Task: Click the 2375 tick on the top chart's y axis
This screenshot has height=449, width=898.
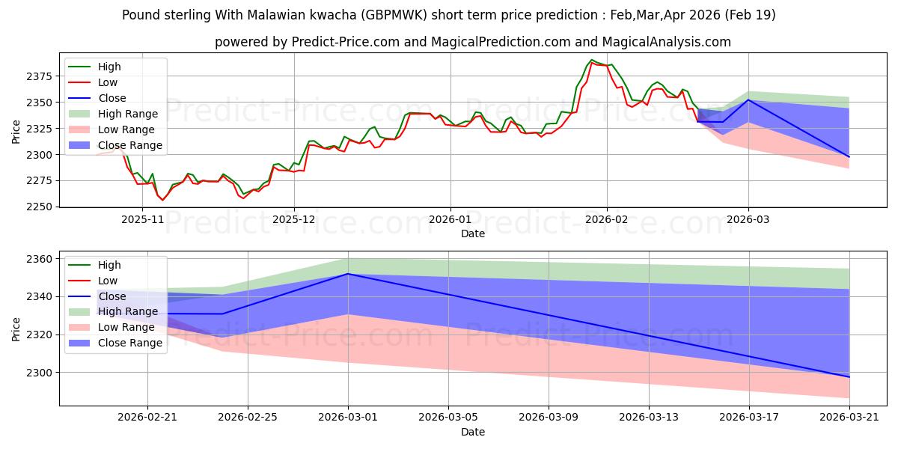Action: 39,76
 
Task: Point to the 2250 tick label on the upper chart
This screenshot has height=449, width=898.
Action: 39,207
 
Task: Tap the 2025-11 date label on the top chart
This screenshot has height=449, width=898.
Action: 142,220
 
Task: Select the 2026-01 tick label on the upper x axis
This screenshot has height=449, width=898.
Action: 450,220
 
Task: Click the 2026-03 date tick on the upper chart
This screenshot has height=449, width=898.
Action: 748,220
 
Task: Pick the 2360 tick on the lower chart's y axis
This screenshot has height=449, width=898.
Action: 39,259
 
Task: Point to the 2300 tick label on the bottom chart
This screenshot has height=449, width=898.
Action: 39,373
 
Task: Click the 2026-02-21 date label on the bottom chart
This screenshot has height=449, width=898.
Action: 147,418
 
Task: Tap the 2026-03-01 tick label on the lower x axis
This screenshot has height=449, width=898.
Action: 348,418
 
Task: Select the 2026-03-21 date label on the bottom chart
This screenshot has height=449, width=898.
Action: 849,418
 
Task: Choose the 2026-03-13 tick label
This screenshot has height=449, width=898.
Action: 649,418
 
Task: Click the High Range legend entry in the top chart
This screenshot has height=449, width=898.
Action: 114,114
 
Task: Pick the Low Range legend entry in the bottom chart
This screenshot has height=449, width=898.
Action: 112,328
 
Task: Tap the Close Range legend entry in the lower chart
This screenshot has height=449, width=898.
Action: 115,343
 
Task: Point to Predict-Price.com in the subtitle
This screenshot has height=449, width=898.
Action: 346,42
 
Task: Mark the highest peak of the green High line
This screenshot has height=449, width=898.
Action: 592,60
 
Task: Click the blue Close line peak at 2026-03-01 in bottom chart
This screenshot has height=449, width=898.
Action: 348,274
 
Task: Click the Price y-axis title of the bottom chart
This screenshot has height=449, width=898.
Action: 16,329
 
